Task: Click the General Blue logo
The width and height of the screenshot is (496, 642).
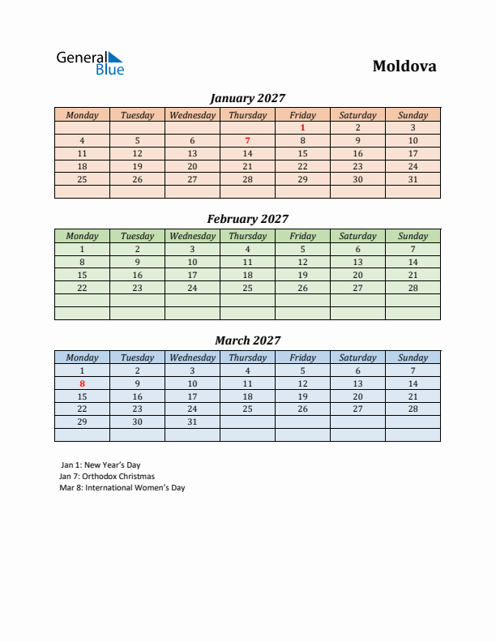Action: tap(90, 62)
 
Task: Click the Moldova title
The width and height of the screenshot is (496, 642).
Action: tap(404, 66)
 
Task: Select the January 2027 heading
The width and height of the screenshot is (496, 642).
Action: tap(247, 98)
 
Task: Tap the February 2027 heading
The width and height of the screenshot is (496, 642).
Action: tap(247, 219)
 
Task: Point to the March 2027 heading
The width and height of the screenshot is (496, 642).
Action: tap(247, 340)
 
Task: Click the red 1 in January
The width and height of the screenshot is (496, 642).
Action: tap(302, 127)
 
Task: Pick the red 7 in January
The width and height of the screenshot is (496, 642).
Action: tap(247, 140)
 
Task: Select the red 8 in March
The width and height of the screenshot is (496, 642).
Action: tap(82, 383)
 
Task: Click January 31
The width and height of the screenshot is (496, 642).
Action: tap(413, 179)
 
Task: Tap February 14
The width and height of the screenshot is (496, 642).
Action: tap(413, 262)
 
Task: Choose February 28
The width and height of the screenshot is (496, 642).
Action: tap(413, 288)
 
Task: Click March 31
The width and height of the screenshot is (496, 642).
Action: tap(192, 422)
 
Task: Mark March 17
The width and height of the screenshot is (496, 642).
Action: tap(192, 396)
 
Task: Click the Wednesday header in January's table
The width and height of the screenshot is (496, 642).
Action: tap(192, 115)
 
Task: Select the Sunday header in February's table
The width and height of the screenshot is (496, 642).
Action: tap(413, 236)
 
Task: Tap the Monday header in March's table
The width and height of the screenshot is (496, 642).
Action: tap(82, 357)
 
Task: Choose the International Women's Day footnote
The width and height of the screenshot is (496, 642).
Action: tap(122, 488)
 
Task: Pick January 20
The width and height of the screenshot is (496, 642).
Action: tap(192, 166)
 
